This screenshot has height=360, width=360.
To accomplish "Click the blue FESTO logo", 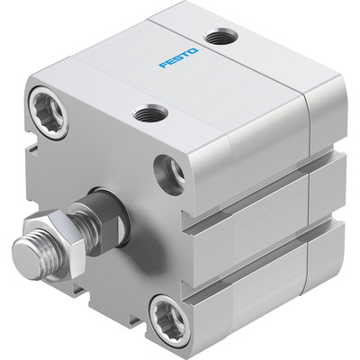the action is (179, 58).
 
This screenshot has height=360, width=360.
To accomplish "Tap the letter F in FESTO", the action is (164, 65).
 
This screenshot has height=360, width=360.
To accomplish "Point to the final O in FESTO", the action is (193, 51).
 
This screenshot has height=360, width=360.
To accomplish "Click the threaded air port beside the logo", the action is (220, 38).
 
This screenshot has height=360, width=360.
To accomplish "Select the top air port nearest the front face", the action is (149, 112).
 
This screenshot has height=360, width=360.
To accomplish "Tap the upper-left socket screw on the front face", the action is (49, 112).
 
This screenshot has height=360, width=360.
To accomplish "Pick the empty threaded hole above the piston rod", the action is (169, 175).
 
